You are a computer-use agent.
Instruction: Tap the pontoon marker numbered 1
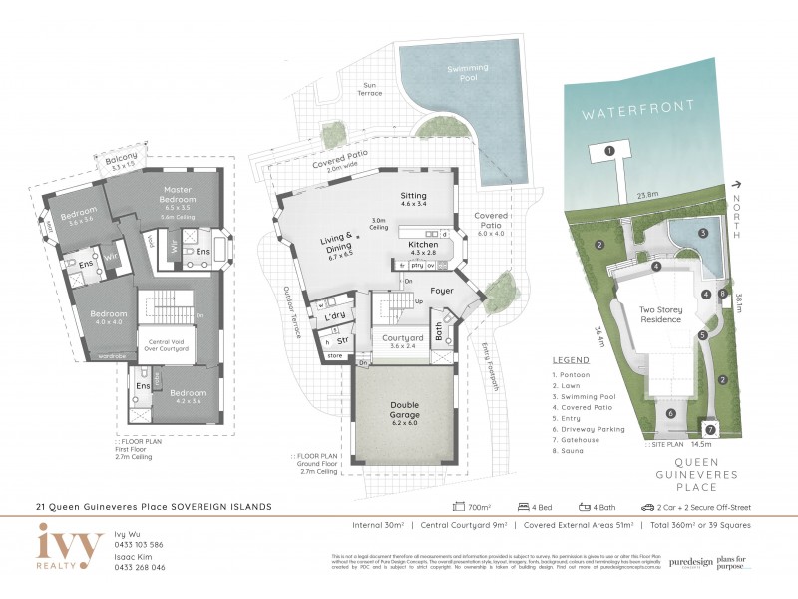[x=608, y=151]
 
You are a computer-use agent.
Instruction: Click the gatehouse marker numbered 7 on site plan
[x=709, y=428]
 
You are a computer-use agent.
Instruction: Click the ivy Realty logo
[x=69, y=547]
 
